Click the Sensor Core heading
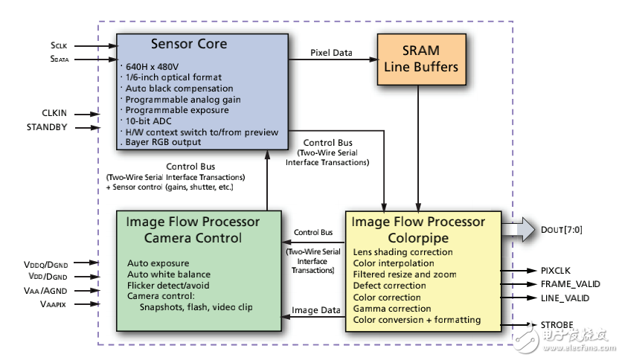pyautogui.click(x=189, y=44)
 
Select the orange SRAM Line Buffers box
pyautogui.click(x=420, y=59)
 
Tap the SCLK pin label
pyautogui.click(x=60, y=45)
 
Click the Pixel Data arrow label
pyautogui.click(x=331, y=53)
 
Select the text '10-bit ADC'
pyautogui.click(x=149, y=120)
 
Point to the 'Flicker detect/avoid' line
pyautogui.click(x=168, y=285)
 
